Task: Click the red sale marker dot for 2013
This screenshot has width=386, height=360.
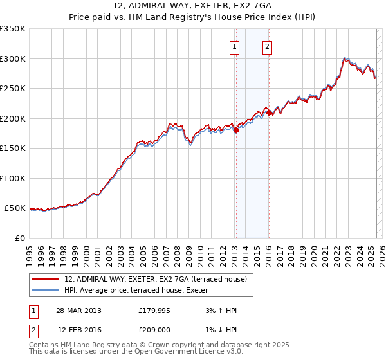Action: pos(236,130)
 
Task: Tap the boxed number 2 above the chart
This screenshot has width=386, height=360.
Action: pos(266,46)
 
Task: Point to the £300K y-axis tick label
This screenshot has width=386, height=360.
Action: pos(13,59)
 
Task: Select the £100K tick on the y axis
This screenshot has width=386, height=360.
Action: pos(13,178)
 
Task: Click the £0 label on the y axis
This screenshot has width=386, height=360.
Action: pos(19,238)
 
